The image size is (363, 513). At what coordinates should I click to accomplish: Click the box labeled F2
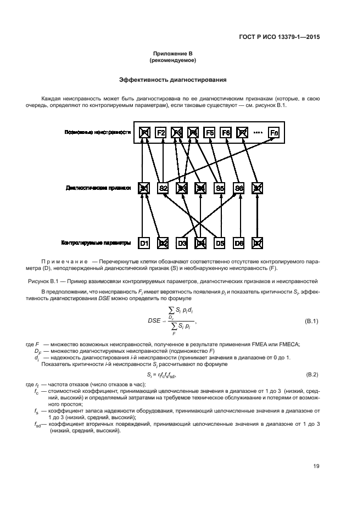click(x=160, y=132)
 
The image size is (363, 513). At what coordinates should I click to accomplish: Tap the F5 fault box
click(x=209, y=132)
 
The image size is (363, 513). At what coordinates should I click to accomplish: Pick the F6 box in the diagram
click(x=225, y=132)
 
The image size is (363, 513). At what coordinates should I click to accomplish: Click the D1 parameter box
click(x=144, y=243)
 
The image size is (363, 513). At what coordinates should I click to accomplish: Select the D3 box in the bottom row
click(x=182, y=243)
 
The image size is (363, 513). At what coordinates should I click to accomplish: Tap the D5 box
click(x=220, y=243)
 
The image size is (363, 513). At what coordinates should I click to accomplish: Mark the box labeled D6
click(x=238, y=243)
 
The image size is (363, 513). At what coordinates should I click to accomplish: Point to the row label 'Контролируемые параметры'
click(x=96, y=242)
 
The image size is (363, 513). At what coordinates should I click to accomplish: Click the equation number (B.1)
click(x=311, y=320)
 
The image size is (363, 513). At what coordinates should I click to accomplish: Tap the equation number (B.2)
click(x=311, y=374)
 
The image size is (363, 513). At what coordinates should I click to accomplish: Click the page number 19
click(x=316, y=466)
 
